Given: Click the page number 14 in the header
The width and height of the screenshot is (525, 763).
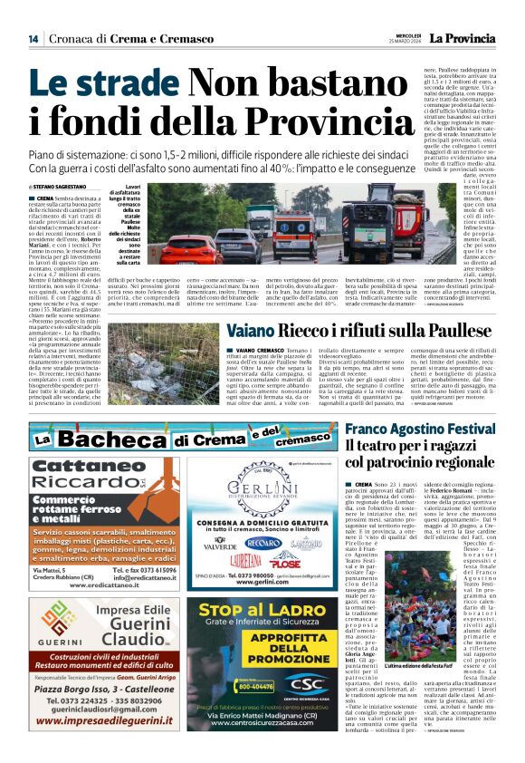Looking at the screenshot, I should pos(33,39).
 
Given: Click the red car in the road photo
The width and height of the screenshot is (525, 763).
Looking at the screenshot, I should pos(191,248).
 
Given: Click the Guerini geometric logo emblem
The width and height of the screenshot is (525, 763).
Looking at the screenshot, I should pos(57,618).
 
